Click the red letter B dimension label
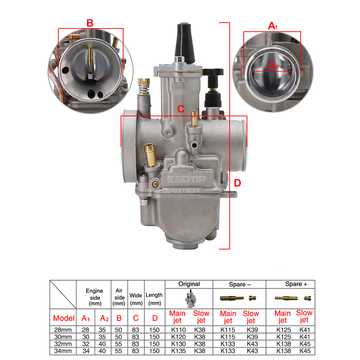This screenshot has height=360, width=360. pyautogui.click(x=90, y=23)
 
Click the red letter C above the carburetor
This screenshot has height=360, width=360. pyautogui.click(x=181, y=109)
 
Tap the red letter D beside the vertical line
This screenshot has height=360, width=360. pyautogui.click(x=237, y=183)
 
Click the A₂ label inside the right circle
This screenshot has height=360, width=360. pyautogui.click(x=273, y=65)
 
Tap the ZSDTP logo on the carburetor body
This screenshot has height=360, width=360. pyautogui.click(x=189, y=179)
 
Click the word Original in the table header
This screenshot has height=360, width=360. pyautogui.click(x=189, y=284)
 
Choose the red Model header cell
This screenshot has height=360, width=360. pyautogui.click(x=64, y=318)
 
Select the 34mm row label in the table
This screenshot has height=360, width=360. pyautogui.click(x=63, y=351)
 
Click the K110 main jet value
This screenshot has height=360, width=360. pyautogui.click(x=178, y=329)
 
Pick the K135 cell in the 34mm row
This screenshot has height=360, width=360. pyautogui.click(x=178, y=351)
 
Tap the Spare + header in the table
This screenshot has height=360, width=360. pyautogui.click(x=296, y=284)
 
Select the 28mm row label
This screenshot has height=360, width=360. pyautogui.click(x=63, y=329)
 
